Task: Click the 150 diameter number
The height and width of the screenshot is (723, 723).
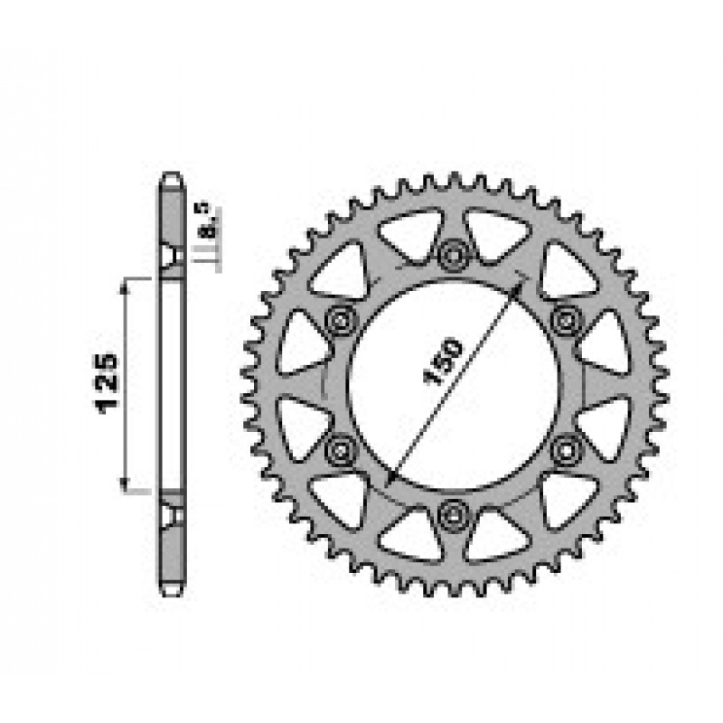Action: click(x=442, y=361)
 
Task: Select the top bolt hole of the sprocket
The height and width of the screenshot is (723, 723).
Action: click(x=454, y=254)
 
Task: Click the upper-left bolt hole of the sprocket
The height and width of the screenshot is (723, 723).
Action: click(x=342, y=319)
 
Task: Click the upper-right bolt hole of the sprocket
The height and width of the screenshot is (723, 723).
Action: click(x=567, y=319)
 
